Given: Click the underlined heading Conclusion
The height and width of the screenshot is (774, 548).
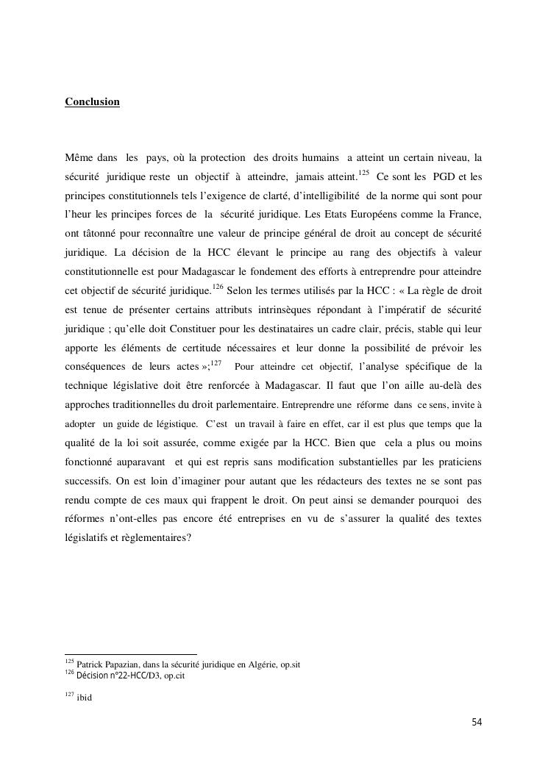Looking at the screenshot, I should coord(92,101).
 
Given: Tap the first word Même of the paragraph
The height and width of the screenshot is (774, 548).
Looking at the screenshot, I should coord(78,157).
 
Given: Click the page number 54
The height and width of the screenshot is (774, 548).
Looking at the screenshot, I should coord(476,723).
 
